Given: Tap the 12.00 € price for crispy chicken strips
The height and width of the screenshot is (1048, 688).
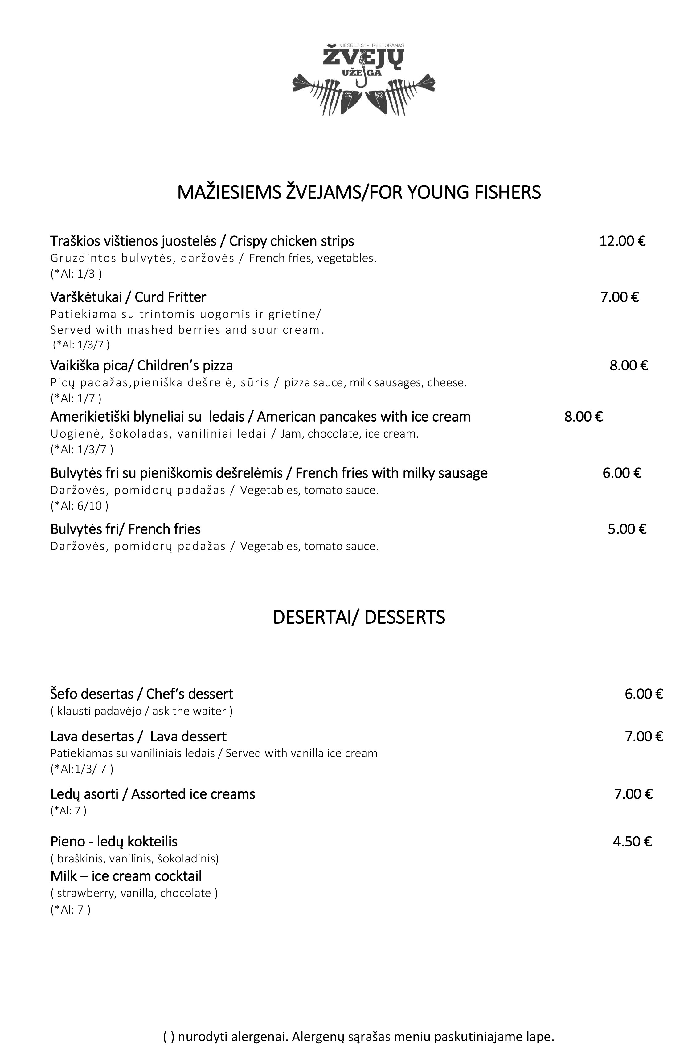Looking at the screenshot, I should (x=622, y=241).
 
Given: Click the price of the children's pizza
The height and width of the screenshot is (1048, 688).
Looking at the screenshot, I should (x=629, y=365).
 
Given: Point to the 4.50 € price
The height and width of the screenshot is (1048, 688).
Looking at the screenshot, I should (x=632, y=842).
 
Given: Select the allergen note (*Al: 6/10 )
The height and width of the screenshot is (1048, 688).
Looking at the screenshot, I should (x=79, y=505).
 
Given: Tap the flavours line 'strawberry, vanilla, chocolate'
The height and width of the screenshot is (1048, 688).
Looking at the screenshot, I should (x=134, y=893).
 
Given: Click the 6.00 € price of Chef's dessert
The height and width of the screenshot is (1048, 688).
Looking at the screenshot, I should (x=644, y=694).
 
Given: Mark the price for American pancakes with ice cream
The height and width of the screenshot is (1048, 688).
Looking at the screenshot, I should (x=583, y=417).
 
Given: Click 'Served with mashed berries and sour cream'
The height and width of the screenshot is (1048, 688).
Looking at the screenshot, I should (x=187, y=330).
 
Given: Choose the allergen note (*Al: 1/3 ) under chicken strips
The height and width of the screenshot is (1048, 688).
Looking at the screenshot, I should (x=76, y=274).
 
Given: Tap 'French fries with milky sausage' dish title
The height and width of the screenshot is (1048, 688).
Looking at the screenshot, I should (x=391, y=473).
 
